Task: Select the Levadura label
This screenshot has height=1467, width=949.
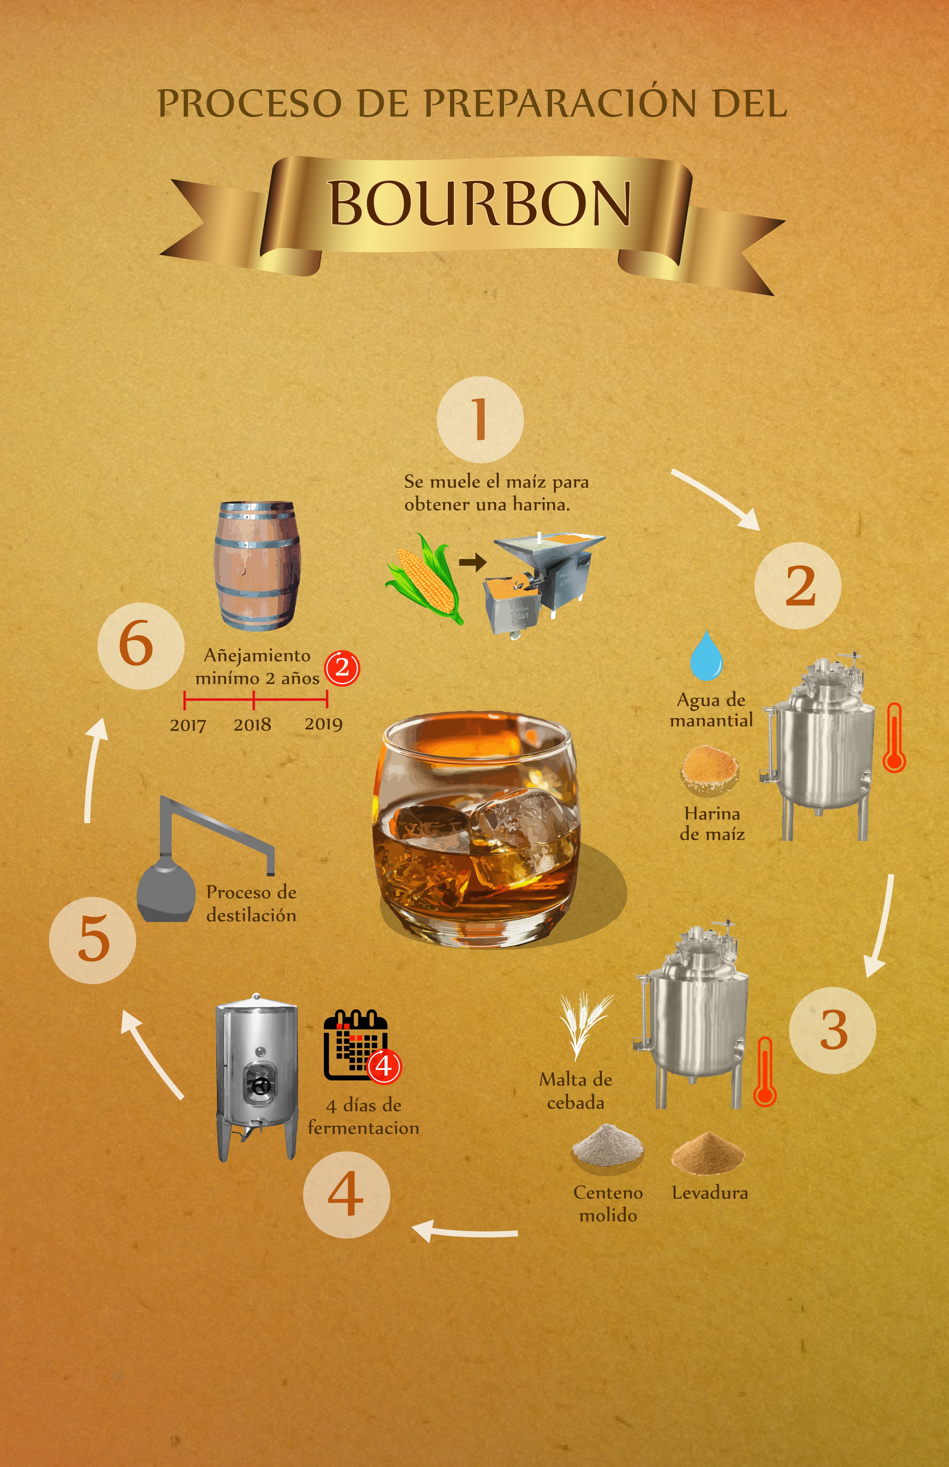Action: (x=710, y=1193)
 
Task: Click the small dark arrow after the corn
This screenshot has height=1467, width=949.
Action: (x=473, y=562)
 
